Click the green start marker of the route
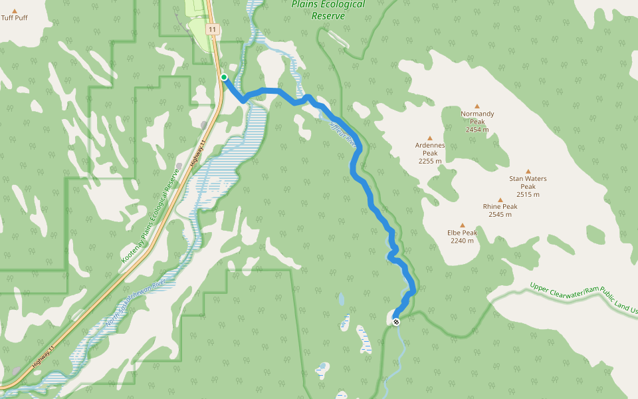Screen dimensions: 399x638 pos(224,78)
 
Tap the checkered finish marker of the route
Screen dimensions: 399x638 pos(396,322)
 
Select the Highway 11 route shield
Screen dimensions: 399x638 pos(212,29)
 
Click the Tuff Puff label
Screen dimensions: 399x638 pos(15,17)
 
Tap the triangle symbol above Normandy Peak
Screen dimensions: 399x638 pos(477,106)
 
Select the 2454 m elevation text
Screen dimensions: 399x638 pos(477,130)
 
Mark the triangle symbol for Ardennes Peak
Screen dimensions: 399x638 pos(430,138)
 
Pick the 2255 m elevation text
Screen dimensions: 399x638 pos(430,161)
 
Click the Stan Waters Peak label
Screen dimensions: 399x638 pos(528,182)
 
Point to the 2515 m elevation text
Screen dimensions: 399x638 pos(528,194)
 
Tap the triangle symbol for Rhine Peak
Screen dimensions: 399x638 pos(500,199)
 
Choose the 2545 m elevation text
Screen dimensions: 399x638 pos(500,214)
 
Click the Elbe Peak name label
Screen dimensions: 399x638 pos(463,233)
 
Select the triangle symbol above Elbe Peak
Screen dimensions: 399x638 pos(463,225)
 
